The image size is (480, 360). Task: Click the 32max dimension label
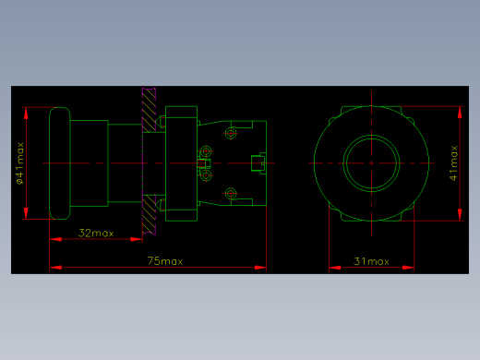96,233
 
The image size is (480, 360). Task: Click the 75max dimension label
165,261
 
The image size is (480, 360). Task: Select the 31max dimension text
371,261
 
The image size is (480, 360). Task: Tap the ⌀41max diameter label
20,163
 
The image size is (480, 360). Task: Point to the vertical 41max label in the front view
453,163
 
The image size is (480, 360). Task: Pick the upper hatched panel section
149,110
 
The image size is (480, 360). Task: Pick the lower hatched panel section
149,214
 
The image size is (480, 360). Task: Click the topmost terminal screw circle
231,134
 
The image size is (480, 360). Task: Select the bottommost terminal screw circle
231,194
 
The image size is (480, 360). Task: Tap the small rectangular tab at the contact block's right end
258,163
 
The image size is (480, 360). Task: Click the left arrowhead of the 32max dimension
55,239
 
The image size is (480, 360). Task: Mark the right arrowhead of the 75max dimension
260,268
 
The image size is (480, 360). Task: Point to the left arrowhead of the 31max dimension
335,268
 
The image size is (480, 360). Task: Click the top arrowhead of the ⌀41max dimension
26,114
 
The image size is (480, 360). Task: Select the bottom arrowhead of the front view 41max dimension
460,214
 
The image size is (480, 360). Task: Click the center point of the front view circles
371,163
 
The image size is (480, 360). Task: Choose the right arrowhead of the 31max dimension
408,268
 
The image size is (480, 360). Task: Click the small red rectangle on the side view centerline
201,163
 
